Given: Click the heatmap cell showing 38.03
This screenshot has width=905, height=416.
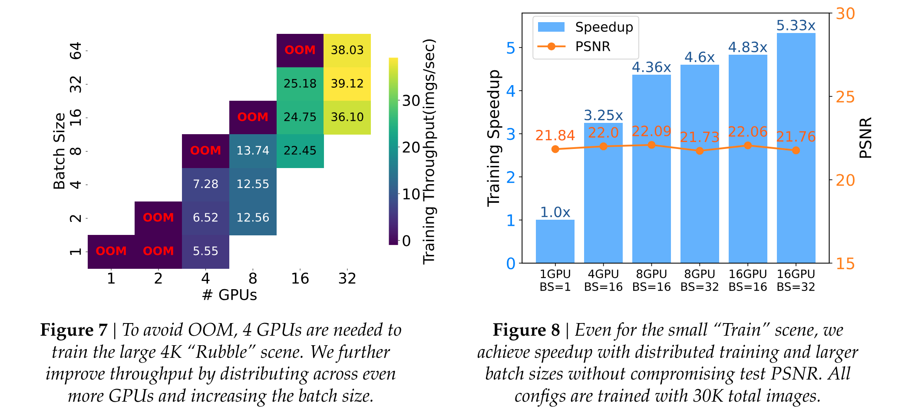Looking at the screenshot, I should coord(347,50).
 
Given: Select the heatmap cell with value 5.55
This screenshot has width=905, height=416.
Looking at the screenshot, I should coord(205,251).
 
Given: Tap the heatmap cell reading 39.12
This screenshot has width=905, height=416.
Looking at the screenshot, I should coord(347,84).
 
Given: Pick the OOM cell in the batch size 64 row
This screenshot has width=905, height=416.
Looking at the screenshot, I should coord(300,50).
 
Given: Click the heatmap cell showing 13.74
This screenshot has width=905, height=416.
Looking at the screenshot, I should coord(253,151).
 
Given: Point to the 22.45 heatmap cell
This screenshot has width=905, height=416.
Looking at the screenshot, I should coord(300,151).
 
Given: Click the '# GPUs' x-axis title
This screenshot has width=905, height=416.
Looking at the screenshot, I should coord(229,295).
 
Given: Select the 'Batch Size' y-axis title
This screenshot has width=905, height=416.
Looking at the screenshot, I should coord(59,151).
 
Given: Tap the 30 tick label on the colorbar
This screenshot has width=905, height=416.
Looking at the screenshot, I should coord(411,101).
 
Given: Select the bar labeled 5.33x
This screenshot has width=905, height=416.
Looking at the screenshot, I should coord(796,148).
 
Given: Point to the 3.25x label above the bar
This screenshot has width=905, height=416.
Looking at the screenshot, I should coord(603,116).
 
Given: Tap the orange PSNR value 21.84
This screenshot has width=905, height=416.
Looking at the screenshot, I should coord(555,136).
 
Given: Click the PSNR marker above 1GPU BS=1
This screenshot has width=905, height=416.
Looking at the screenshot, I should coord(555,149).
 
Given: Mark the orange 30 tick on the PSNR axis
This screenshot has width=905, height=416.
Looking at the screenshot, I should coord(845,14).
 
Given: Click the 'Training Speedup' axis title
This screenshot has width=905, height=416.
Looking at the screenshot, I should coord(494,138).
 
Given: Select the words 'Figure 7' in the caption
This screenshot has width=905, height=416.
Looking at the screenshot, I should coord(74,330).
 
